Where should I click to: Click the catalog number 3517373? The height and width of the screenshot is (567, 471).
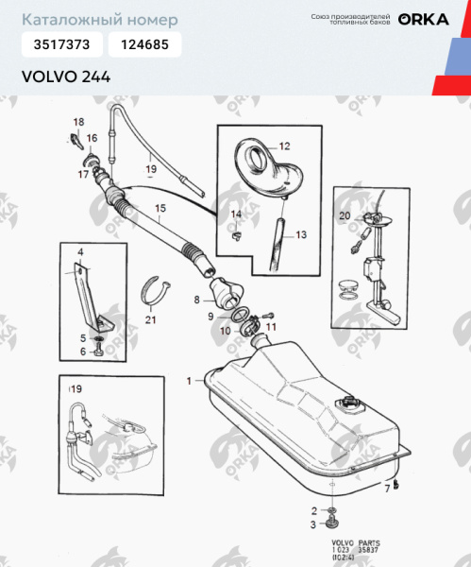[x=61, y=45]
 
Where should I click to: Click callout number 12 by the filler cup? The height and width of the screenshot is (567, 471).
[x=284, y=146]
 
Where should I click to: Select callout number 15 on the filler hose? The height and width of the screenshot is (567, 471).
[x=160, y=208]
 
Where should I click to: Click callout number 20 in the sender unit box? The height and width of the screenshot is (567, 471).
[x=345, y=216]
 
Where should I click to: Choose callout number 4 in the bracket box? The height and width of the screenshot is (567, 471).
[x=80, y=251]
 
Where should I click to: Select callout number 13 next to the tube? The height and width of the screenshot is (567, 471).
[x=302, y=234]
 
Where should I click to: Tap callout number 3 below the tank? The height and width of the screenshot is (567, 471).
[x=313, y=523]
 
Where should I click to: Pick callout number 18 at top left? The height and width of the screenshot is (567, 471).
[x=78, y=122]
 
